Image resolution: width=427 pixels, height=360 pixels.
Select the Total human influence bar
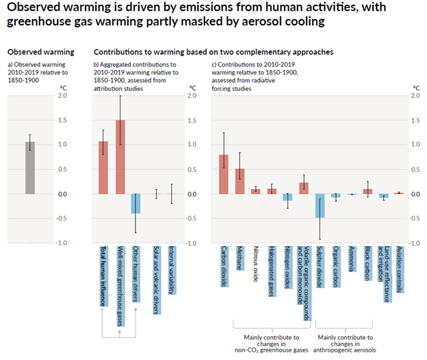[x=103, y=168]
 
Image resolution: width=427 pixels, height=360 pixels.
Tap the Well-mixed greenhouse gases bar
[x=120, y=157]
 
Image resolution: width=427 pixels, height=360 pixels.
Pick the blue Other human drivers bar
[x=137, y=204]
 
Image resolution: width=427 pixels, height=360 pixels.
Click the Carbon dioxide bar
[x=224, y=175]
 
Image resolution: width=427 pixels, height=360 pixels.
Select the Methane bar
[x=240, y=181]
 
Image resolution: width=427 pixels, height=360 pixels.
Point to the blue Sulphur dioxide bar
[x=320, y=206]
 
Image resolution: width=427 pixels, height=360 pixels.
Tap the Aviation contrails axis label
[x=400, y=270]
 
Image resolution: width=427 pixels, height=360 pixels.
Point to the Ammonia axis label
[x=352, y=259]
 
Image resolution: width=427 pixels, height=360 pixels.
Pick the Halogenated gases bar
[x=272, y=191]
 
